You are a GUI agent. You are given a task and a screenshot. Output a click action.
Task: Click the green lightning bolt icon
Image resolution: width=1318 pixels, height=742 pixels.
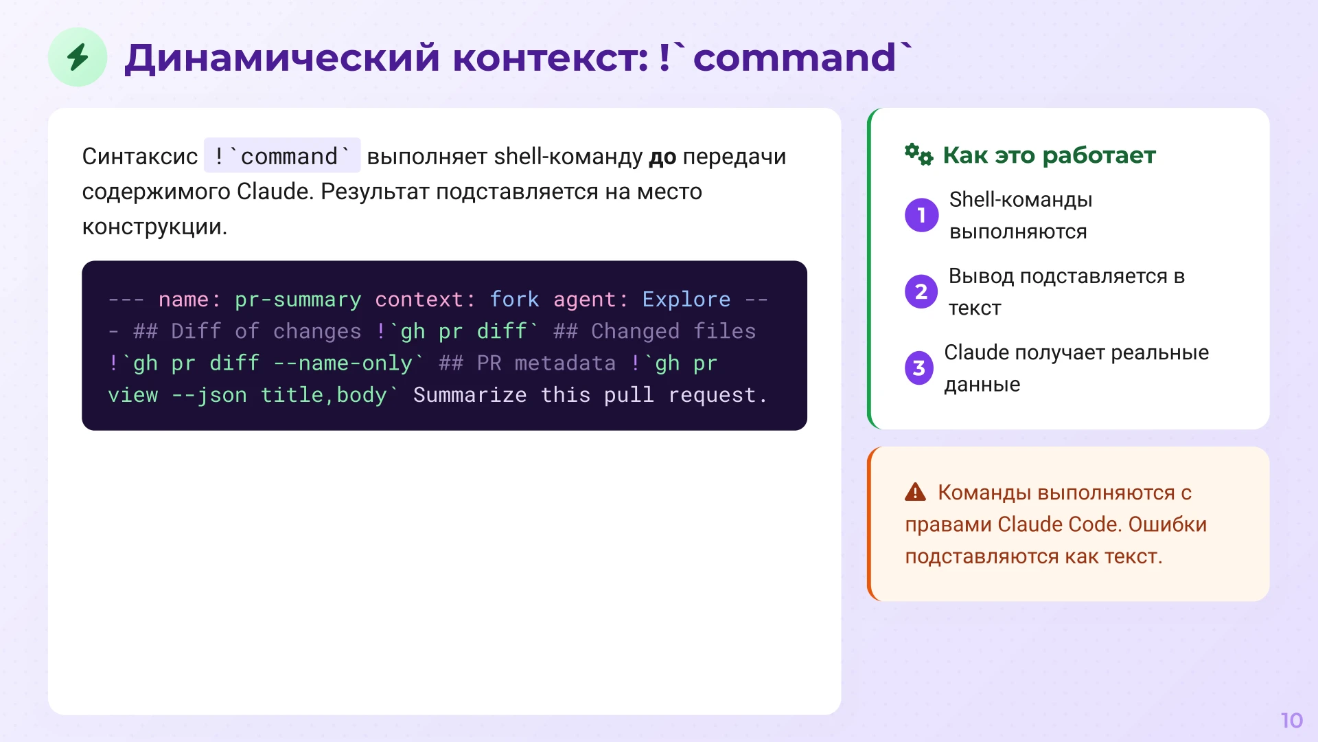click(x=78, y=57)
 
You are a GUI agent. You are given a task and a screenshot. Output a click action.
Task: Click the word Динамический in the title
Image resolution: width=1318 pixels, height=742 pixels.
click(x=281, y=58)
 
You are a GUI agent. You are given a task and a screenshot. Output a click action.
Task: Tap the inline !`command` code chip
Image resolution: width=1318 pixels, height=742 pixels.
click(x=282, y=156)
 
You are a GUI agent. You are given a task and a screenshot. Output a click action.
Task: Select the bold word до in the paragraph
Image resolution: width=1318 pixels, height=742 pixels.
click(x=662, y=157)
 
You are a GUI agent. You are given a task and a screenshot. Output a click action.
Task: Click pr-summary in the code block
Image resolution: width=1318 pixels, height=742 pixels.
click(x=297, y=300)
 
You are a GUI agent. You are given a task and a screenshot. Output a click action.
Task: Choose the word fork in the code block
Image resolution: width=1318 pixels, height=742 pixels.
click(x=514, y=300)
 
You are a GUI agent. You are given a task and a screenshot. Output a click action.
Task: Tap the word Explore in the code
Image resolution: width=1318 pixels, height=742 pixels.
click(x=686, y=300)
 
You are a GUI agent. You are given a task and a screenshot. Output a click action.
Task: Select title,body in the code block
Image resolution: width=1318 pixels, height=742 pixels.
click(x=323, y=395)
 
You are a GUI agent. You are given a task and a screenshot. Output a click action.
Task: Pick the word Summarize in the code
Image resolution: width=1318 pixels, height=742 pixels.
click(x=470, y=395)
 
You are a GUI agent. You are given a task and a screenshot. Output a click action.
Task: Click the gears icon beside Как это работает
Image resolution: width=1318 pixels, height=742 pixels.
click(x=918, y=155)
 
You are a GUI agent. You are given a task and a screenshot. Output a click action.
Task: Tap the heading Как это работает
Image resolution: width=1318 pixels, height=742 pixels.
click(x=1049, y=155)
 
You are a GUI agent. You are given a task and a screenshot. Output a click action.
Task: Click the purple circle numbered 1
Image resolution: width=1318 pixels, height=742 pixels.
click(x=921, y=215)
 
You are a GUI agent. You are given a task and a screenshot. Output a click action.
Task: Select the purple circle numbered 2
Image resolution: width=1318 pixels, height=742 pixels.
click(x=921, y=291)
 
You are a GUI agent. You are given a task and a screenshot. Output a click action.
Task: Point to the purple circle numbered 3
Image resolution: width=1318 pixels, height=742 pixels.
click(x=919, y=368)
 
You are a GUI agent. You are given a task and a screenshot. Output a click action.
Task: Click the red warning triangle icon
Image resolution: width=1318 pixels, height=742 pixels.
click(x=915, y=492)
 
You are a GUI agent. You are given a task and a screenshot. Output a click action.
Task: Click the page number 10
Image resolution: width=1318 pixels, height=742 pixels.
click(x=1291, y=720)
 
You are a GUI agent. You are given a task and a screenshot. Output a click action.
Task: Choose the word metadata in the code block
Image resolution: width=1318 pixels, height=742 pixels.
click(x=565, y=363)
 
